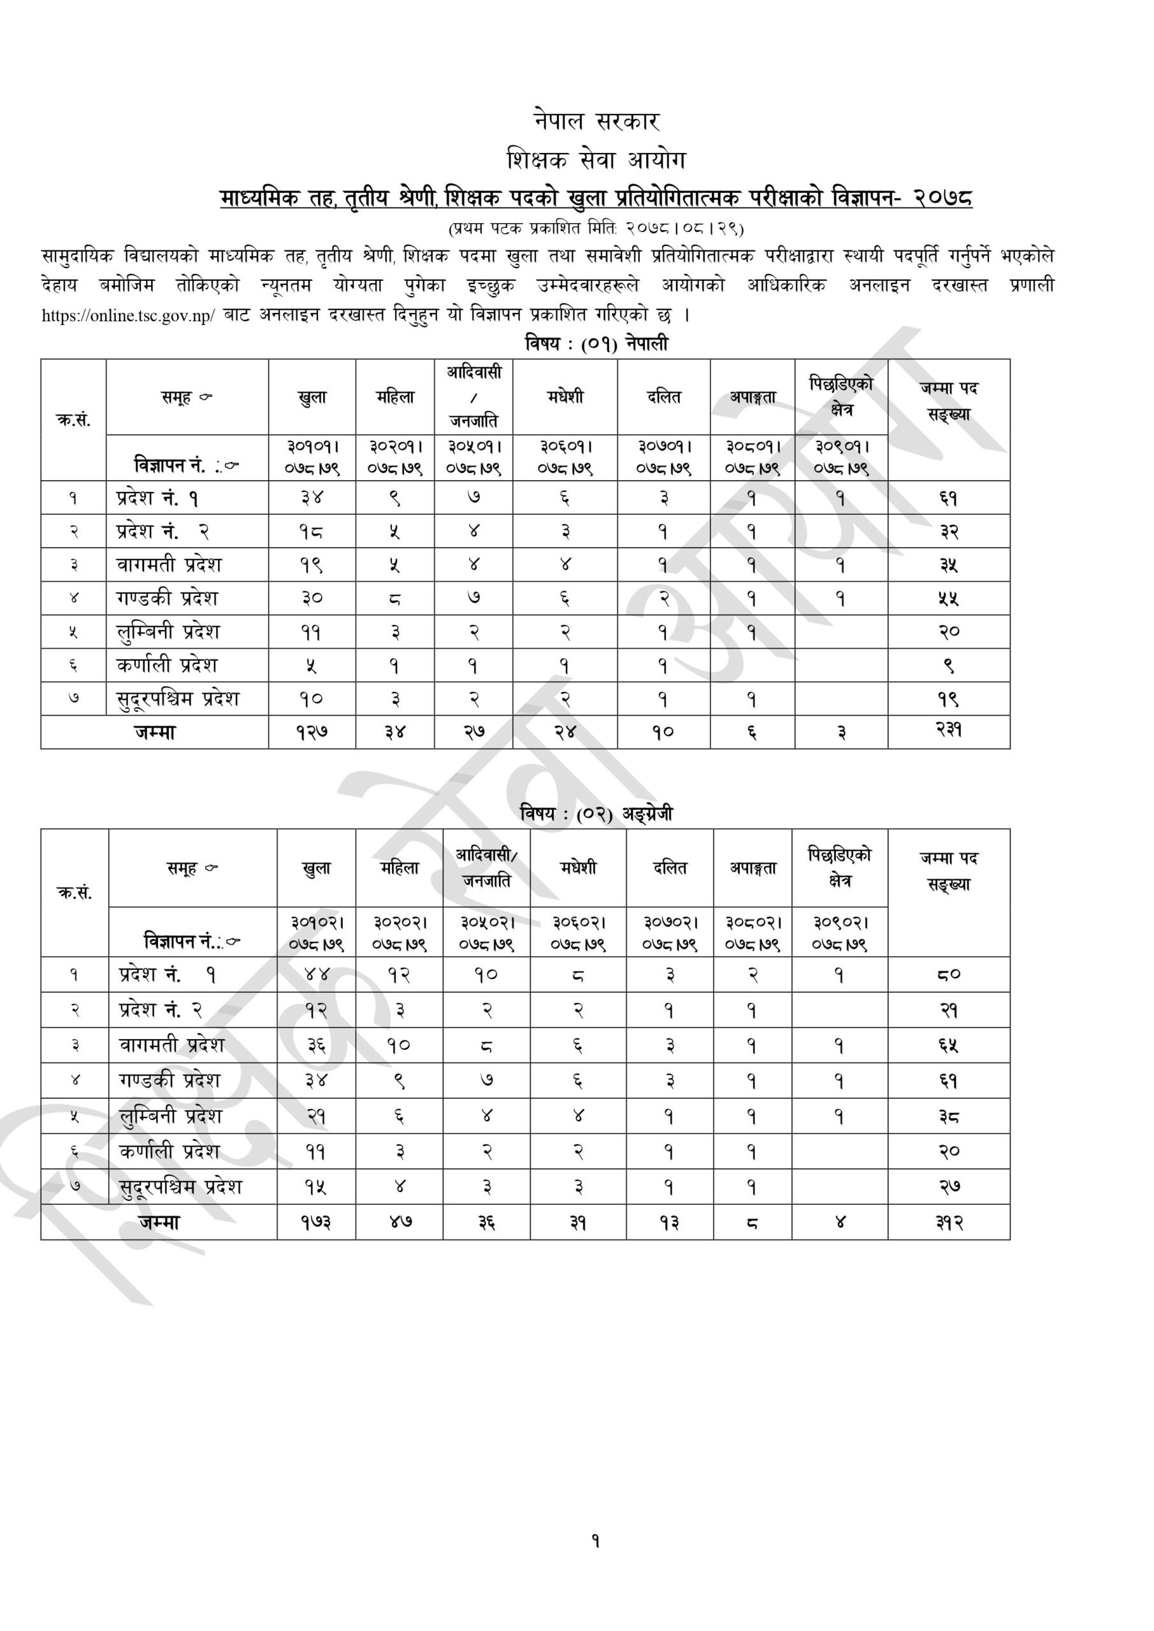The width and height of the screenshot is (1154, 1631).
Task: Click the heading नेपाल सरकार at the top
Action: (596, 122)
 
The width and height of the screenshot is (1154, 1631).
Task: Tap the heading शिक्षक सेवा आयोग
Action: (596, 160)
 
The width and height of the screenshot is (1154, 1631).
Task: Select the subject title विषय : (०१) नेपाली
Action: (596, 345)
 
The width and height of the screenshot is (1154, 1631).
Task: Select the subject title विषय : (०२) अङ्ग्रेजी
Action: (596, 814)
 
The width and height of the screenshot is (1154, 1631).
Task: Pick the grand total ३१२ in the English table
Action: (949, 1223)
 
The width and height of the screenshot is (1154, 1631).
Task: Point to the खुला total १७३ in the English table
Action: (315, 1223)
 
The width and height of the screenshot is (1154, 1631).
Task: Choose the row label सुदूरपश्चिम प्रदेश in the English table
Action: (180, 1187)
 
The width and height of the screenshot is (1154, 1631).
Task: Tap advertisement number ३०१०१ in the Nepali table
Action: (312, 447)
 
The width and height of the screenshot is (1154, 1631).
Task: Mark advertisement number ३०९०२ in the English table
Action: (840, 923)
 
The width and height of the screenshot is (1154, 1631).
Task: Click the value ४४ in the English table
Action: (315, 975)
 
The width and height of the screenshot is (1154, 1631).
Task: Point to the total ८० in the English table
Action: (949, 975)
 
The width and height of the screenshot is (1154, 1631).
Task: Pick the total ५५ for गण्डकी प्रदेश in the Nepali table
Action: (949, 599)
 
